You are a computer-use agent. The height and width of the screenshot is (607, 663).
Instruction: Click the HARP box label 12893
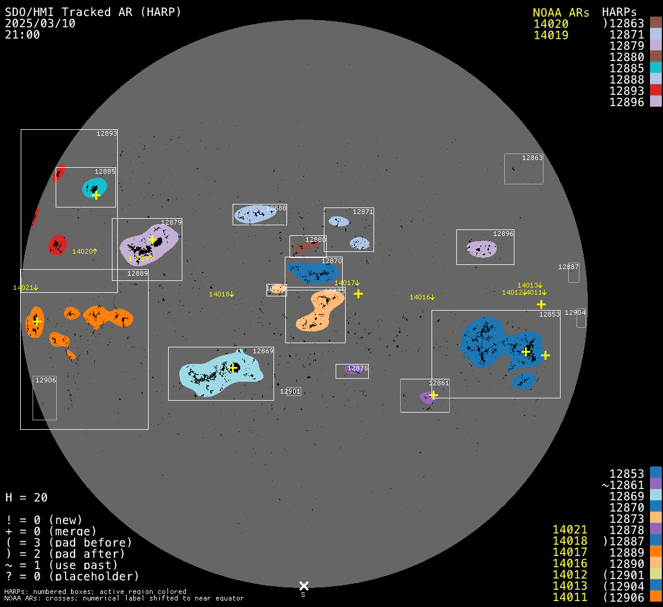pos(107,133)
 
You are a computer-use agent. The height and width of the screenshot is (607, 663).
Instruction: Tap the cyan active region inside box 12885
pos(94,187)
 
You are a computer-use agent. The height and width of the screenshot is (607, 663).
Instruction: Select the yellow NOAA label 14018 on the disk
pos(221,294)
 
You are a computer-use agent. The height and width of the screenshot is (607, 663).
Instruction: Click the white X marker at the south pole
pos(304,586)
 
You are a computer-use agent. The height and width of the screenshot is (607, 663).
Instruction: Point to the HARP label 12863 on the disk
pos(532,158)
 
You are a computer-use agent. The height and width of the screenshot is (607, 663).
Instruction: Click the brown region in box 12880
pos(305,247)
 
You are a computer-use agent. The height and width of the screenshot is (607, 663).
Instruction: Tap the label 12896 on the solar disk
pos(503,234)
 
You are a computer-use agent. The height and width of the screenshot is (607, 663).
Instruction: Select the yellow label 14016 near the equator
pos(422,297)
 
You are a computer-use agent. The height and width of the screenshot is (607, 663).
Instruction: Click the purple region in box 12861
pos(427,397)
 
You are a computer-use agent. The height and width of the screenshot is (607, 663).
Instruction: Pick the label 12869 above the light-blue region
pos(263,351)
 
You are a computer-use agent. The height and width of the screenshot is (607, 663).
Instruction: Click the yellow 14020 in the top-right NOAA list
pos(551,24)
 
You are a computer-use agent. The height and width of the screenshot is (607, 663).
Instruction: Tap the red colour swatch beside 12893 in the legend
pos(655,90)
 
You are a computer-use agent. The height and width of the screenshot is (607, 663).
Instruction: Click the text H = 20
pos(27,497)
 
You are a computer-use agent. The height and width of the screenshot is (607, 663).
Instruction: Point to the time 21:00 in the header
pos(22,34)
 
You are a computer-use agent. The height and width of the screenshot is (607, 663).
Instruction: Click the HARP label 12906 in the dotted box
pos(46,380)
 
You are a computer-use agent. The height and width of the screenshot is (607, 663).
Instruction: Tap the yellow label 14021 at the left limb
pos(25,287)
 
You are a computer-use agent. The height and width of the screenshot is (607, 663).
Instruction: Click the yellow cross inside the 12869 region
pos(233,368)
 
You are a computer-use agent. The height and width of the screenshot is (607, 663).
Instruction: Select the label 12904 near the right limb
pos(575,312)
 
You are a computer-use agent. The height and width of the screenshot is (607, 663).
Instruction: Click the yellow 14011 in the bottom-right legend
pos(569,597)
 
